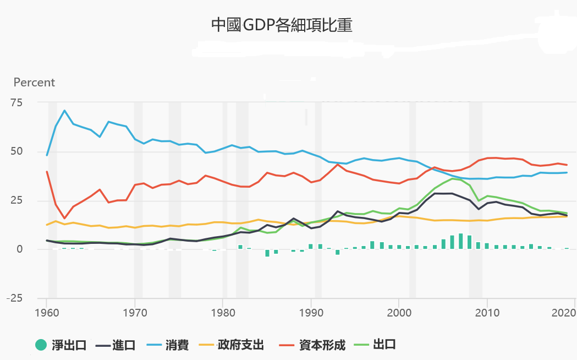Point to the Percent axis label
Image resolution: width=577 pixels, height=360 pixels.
pos(34,83)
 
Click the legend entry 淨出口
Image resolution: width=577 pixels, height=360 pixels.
pos(61,345)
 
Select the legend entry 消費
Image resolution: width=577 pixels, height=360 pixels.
pos(168,345)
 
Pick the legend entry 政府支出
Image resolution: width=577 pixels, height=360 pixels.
pos(232,345)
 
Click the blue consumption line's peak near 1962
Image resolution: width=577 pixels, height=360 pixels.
pos(64,111)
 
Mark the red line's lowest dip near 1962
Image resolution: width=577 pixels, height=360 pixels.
pos(64,218)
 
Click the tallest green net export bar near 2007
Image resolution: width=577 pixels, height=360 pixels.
pos(460,242)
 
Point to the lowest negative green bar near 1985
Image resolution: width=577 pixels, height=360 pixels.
pos(267,253)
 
